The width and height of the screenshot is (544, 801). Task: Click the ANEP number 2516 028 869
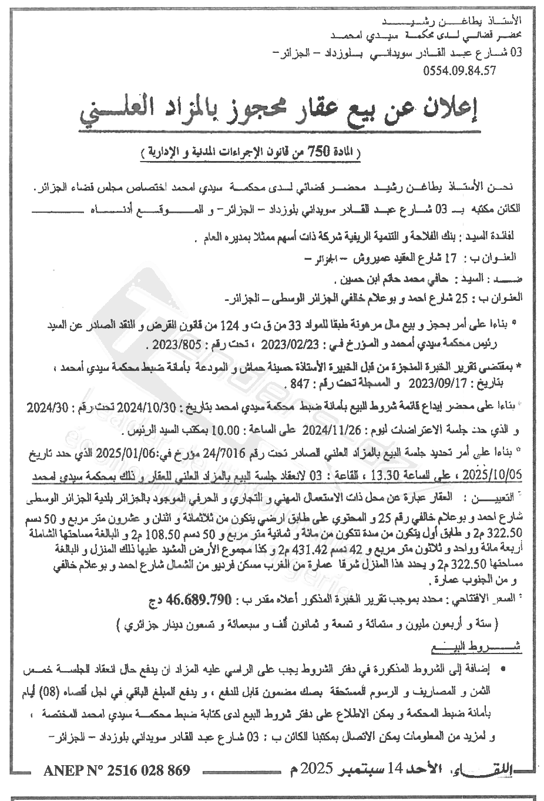(117, 769)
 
